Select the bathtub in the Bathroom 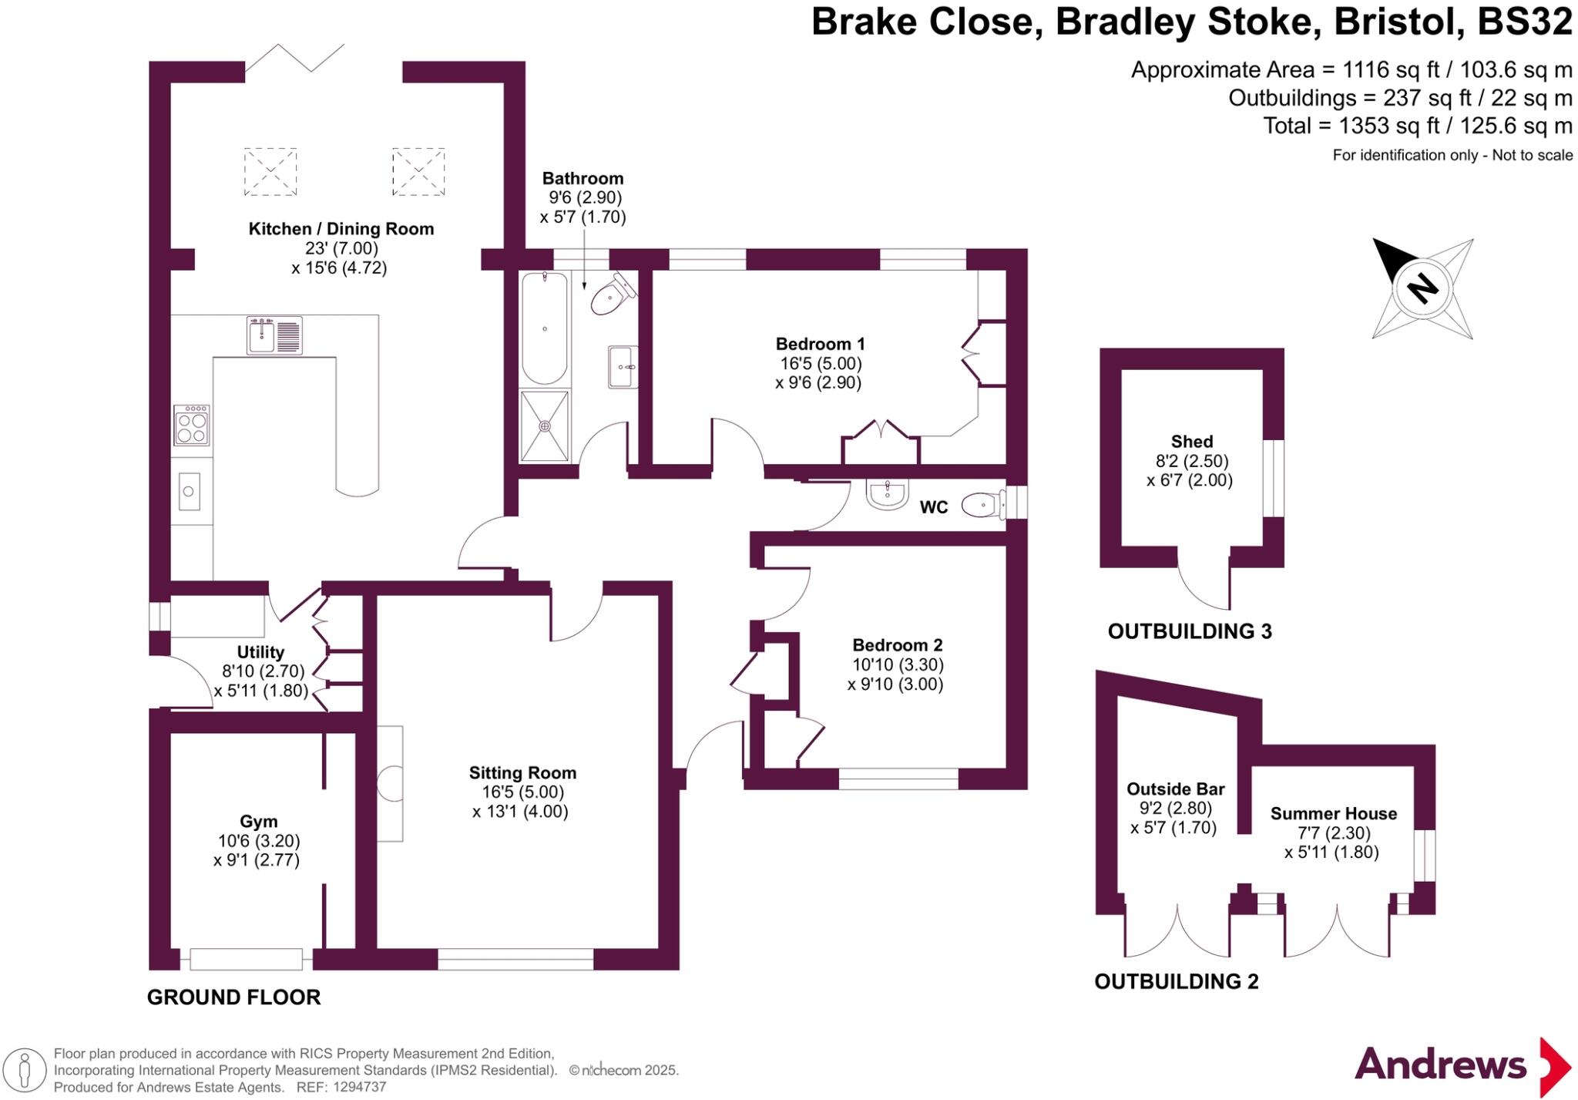click(x=545, y=329)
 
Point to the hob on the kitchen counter click(x=192, y=426)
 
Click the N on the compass click(x=1422, y=289)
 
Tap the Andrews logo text click(x=1440, y=1065)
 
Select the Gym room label click(x=258, y=822)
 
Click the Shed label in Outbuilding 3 click(x=1191, y=442)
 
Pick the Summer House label click(x=1333, y=814)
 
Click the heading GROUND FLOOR click(x=233, y=997)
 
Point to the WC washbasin click(x=887, y=493)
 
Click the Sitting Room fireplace click(x=390, y=784)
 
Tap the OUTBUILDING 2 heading click(x=1176, y=982)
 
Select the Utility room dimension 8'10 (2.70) click(x=264, y=671)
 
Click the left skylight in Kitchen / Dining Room click(x=270, y=172)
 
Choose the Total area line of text click(x=1417, y=126)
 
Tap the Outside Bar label click(x=1175, y=789)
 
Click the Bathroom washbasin click(x=623, y=367)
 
